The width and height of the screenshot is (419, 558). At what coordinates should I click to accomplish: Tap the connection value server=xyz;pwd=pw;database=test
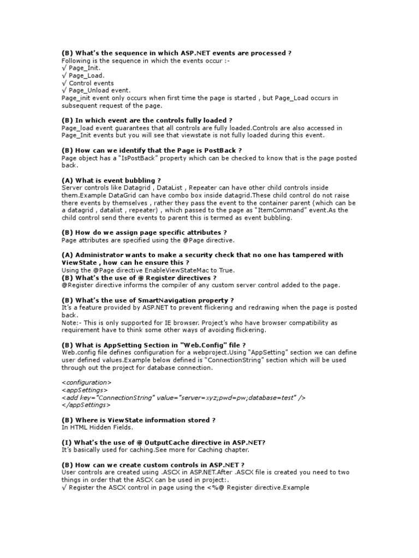tap(237, 397)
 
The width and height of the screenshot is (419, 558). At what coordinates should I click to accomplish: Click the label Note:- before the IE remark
tap(71, 323)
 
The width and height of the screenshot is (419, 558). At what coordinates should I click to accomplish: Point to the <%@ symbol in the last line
tap(207, 488)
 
